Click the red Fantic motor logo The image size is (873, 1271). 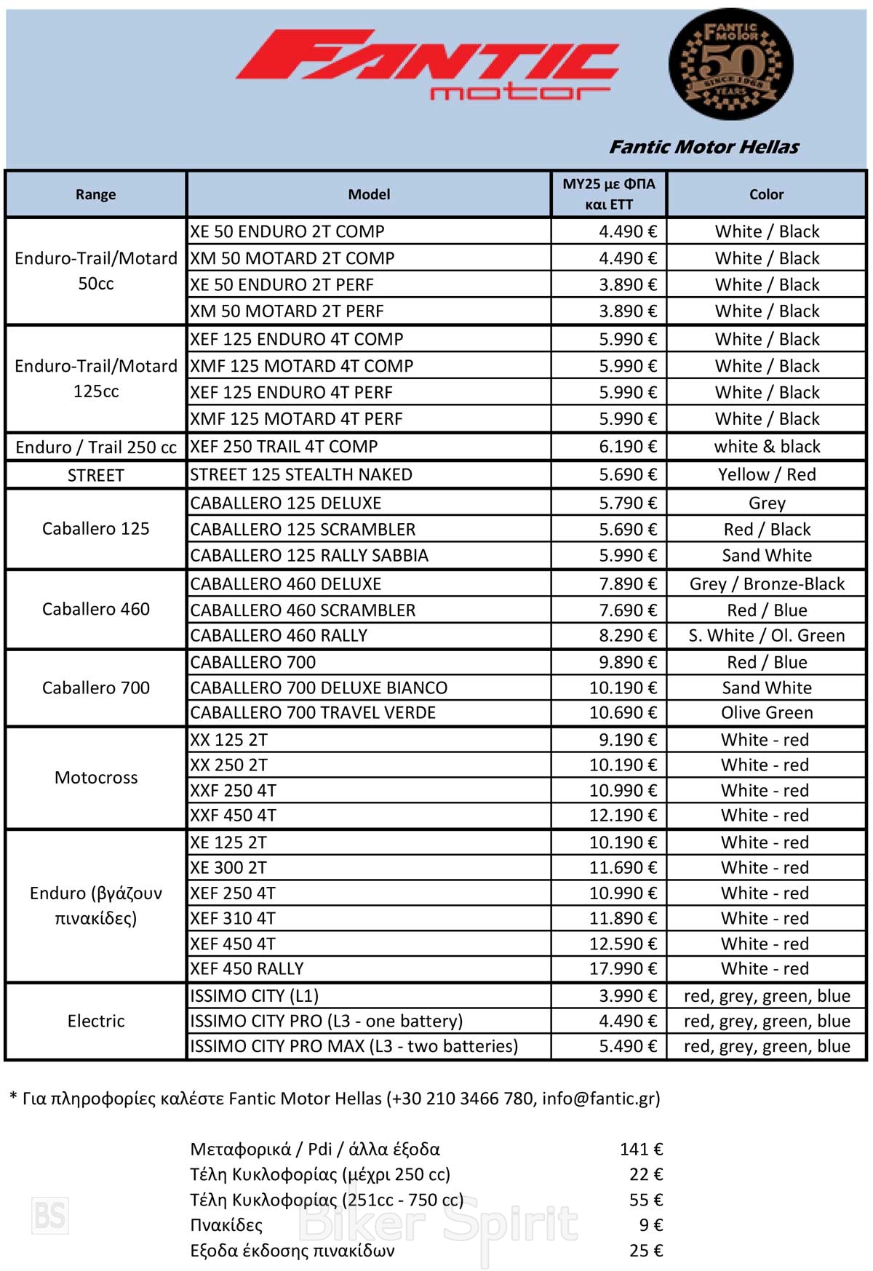pyautogui.click(x=427, y=64)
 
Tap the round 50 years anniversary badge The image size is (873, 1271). pyautogui.click(x=730, y=65)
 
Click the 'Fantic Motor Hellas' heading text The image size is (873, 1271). pyautogui.click(x=703, y=147)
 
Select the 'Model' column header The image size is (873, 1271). pyautogui.click(x=369, y=194)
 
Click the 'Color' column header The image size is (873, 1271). pyautogui.click(x=766, y=194)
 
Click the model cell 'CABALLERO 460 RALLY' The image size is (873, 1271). pyautogui.click(x=279, y=636)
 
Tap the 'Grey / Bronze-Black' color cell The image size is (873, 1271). pyautogui.click(x=767, y=583)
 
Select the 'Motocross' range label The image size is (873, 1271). pyautogui.click(x=96, y=778)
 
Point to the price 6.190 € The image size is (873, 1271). pyautogui.click(x=627, y=447)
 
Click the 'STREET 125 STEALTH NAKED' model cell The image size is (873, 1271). pyautogui.click(x=301, y=475)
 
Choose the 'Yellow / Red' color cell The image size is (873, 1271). pyautogui.click(x=767, y=475)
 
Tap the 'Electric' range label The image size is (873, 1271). pyautogui.click(x=96, y=1021)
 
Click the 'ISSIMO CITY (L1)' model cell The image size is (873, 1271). pyautogui.click(x=254, y=996)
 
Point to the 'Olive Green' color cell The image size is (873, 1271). pyautogui.click(x=767, y=713)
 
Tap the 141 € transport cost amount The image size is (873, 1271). pyautogui.click(x=641, y=1150)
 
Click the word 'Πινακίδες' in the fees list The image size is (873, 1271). pyautogui.click(x=226, y=1225)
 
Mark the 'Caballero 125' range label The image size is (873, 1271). pyautogui.click(x=96, y=529)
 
